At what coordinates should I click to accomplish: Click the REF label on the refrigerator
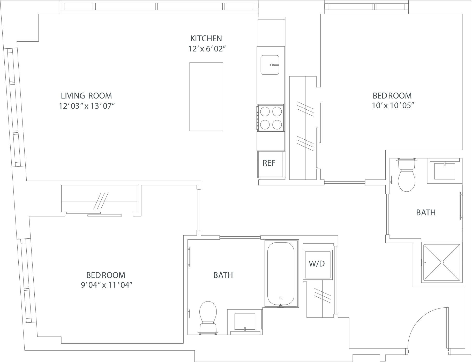[269, 163]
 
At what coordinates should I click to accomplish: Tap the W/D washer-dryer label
[317, 264]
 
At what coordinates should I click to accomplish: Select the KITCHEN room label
[206, 39]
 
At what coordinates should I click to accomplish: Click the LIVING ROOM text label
[86, 96]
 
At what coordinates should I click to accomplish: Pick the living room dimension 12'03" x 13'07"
[87, 106]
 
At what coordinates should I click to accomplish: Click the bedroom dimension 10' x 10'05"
[392, 105]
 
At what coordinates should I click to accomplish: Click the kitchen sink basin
[270, 65]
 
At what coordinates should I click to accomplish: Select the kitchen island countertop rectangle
[206, 96]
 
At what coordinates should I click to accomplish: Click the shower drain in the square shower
[442, 262]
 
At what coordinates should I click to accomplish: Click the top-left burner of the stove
[265, 112]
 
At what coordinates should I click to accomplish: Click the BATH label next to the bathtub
[223, 275]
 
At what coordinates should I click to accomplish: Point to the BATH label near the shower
[426, 213]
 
